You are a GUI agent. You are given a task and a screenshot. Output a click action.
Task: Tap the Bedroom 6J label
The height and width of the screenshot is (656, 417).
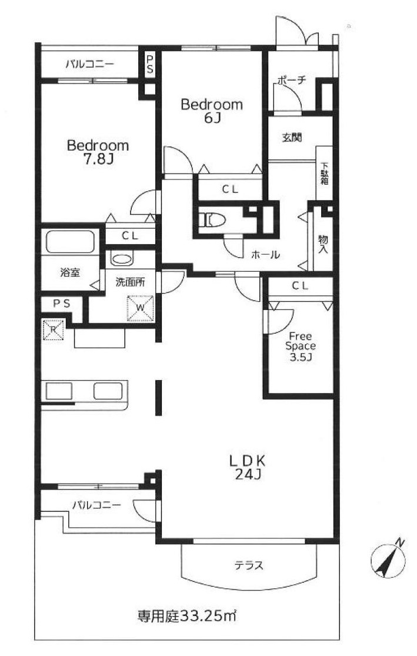pos(212,111)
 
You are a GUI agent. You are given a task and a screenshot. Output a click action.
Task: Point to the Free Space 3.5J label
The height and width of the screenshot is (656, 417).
pos(301,347)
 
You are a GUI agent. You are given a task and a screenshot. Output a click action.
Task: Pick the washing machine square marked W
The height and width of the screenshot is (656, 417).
pos(141,309)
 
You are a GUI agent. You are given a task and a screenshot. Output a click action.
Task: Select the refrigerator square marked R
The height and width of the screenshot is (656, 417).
pos(53,329)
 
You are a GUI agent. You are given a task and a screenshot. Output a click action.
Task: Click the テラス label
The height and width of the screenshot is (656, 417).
pos(248,565)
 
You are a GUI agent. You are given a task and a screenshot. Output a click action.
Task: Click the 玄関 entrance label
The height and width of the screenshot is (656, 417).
pos(292,137)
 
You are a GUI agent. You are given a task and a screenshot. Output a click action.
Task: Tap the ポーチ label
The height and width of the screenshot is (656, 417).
pos(292,79)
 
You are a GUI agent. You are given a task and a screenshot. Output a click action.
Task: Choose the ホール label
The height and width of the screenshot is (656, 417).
pos(265,254)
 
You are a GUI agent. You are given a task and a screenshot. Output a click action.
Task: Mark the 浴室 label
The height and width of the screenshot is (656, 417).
pos(70,273)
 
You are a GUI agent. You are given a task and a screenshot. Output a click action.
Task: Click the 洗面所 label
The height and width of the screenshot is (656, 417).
pos(130,282)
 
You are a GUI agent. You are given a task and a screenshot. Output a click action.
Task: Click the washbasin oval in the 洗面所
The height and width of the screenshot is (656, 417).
pos(122,258)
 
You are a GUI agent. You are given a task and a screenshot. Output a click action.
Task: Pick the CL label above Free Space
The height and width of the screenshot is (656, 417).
pos(301,286)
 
